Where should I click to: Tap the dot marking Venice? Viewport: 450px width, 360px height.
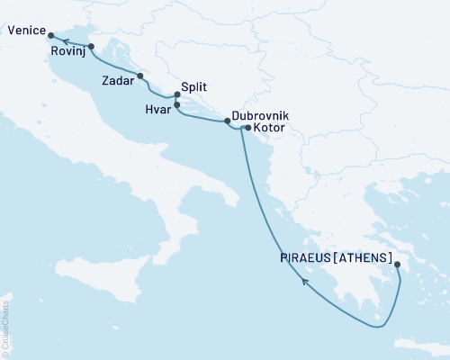click(50, 36)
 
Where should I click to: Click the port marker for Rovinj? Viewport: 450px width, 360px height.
click(91, 46)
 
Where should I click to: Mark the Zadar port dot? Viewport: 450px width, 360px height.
click(139, 76)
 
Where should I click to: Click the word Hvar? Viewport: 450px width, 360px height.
click(157, 106)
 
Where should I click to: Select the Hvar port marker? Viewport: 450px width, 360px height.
click(176, 105)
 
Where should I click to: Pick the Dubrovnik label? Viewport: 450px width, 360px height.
click(260, 116)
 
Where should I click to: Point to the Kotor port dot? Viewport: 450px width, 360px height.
click(247, 129)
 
